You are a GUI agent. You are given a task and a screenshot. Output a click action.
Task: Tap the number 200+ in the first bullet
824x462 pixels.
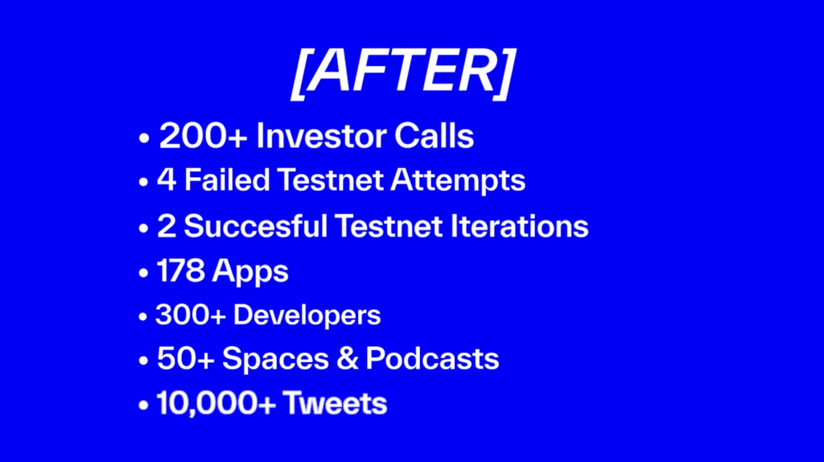pos(204,135)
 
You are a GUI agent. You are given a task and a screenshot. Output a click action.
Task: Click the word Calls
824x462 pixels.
pos(434,135)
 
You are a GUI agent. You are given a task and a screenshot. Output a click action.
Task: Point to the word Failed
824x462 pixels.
pos(227,179)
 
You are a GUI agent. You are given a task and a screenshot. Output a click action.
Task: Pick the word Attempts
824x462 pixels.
pos(458,181)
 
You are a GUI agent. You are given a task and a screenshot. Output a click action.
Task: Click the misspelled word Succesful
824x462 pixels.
pos(255,226)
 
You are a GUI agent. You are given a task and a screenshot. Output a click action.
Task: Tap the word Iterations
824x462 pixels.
pos(519,226)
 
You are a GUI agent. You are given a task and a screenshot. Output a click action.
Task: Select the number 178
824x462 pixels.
pos(181,271)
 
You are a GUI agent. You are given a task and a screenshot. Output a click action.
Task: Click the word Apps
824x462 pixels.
pos(251,272)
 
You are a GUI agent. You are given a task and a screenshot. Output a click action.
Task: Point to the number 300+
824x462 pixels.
pos(191,315)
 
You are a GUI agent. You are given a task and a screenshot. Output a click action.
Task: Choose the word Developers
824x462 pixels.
pos(307,316)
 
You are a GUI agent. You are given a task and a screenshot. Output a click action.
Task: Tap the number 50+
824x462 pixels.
pos(186,358)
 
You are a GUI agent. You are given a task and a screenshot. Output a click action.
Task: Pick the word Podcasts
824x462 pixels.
pos(432,358)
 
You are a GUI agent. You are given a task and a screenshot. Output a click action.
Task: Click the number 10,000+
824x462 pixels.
pos(216,404)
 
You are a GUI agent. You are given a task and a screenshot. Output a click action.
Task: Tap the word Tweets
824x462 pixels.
pos(335,403)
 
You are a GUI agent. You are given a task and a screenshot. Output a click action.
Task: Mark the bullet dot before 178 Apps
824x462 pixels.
pos(143,273)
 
